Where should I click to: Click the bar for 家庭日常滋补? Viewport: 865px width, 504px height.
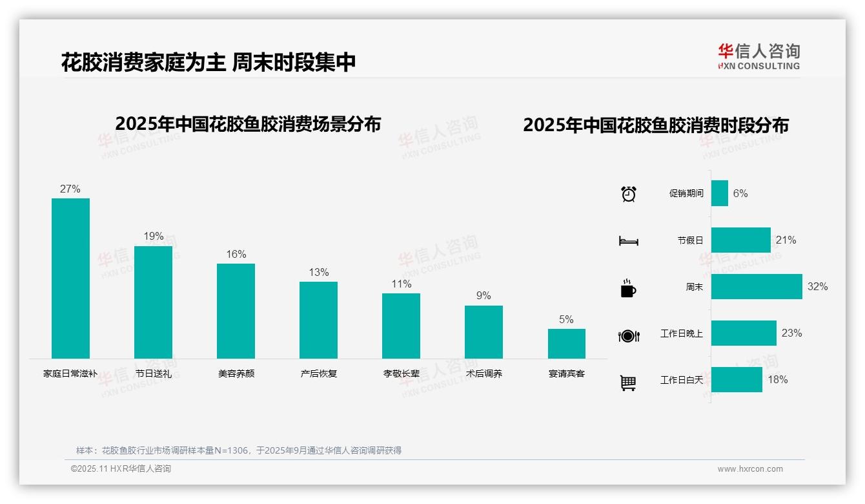(x=70, y=278)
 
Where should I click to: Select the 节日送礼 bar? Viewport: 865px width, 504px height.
(x=153, y=302)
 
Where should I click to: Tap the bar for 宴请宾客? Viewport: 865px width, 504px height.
(x=566, y=344)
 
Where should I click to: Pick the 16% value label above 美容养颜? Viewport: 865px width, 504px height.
(x=236, y=255)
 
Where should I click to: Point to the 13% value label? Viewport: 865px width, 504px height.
(x=318, y=273)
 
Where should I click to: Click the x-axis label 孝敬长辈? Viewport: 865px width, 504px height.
(x=401, y=373)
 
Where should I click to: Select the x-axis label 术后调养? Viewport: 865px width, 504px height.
(x=483, y=373)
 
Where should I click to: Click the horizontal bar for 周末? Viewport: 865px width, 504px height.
(x=757, y=286)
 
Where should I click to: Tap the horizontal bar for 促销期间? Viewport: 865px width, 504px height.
(x=720, y=193)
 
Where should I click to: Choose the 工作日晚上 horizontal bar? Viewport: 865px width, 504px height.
(x=744, y=333)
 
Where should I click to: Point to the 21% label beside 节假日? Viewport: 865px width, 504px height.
(x=786, y=240)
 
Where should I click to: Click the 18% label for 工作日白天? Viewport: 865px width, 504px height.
(x=777, y=380)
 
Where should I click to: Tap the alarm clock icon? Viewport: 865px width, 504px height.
(x=628, y=193)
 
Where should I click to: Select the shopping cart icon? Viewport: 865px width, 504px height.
(x=628, y=383)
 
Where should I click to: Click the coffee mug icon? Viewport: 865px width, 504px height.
(x=628, y=288)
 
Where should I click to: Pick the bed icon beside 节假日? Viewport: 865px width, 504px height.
(x=628, y=241)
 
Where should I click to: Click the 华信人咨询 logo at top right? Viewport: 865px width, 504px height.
(x=758, y=56)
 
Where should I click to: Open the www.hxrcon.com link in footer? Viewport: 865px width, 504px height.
(x=749, y=469)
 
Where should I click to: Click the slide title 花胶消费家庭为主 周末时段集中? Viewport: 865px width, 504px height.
(x=209, y=62)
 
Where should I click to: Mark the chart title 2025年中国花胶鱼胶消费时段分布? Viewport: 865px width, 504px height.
(x=656, y=125)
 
